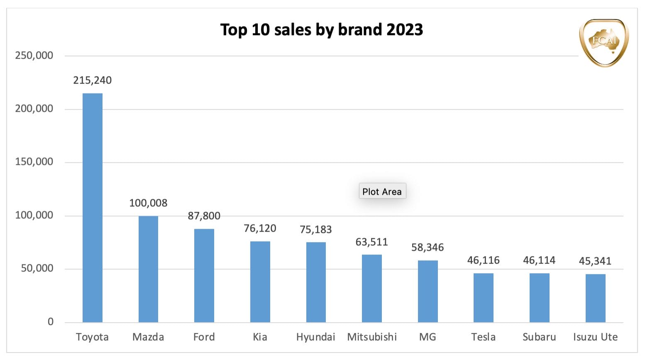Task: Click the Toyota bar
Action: point(92,208)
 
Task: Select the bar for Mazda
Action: point(148,269)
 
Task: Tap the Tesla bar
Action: point(483,298)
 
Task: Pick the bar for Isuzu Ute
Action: point(595,298)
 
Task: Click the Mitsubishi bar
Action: point(371,289)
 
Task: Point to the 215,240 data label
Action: point(92,80)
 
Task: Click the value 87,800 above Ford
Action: point(204,216)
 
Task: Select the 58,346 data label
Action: point(428,247)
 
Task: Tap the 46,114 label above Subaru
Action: point(539,260)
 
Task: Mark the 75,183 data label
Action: point(315,230)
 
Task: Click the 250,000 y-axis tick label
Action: point(34,55)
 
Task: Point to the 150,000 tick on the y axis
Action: point(34,162)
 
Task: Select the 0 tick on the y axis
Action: point(51,322)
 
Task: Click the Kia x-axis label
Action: point(260,337)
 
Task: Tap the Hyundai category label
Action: point(315,337)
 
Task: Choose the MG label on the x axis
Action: point(428,337)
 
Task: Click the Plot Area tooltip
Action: point(382,191)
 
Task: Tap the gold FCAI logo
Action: point(604,42)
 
